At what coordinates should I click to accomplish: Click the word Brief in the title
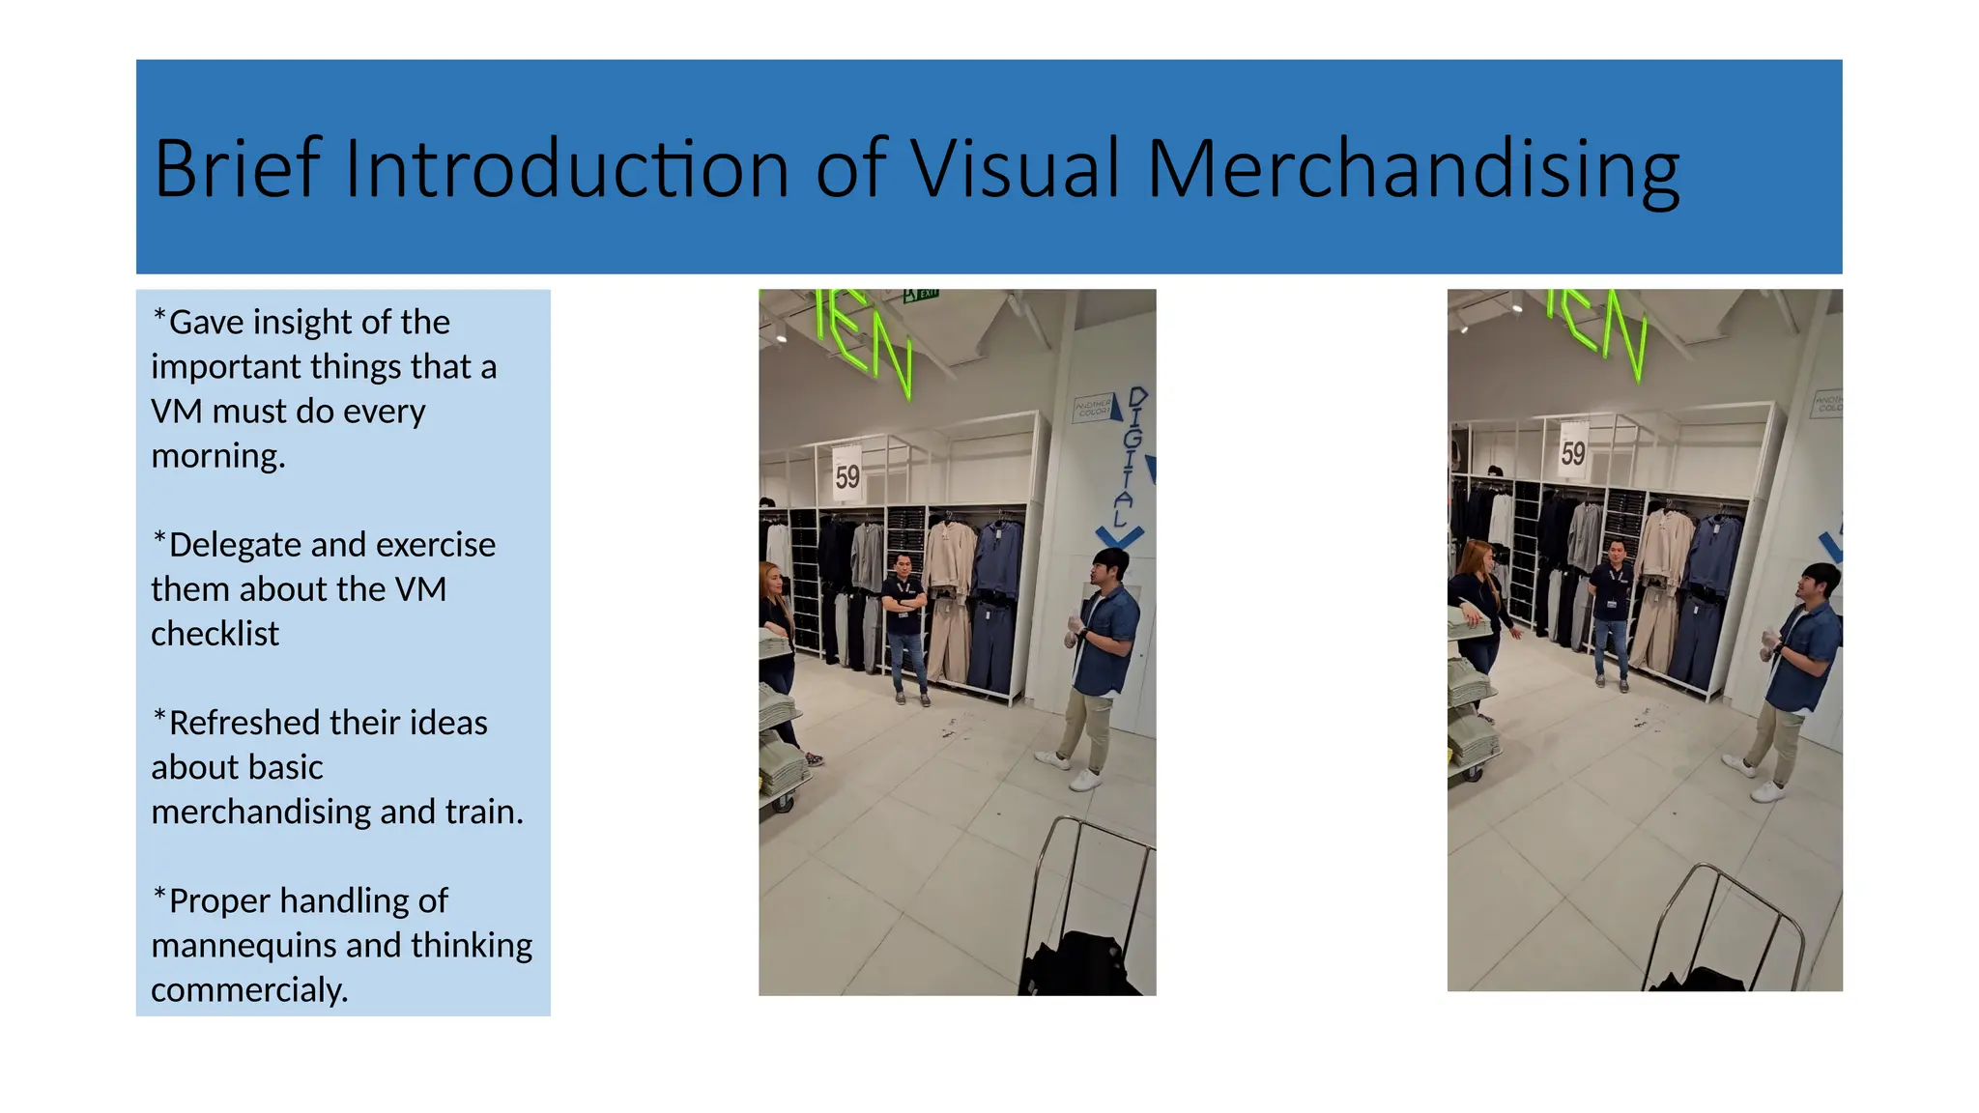pyautogui.click(x=237, y=169)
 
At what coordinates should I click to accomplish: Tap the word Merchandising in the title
pyautogui.click(x=1413, y=169)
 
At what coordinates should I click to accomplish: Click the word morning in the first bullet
pyautogui.click(x=217, y=456)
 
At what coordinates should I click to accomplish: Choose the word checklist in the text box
pyautogui.click(x=215, y=634)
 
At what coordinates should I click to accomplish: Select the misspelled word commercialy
pyautogui.click(x=249, y=989)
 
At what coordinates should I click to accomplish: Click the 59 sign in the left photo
pyautogui.click(x=847, y=475)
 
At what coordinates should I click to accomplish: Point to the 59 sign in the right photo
pyautogui.click(x=1573, y=452)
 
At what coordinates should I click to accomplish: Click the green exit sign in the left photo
pyautogui.click(x=921, y=295)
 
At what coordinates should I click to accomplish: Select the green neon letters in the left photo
pyautogui.click(x=863, y=338)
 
